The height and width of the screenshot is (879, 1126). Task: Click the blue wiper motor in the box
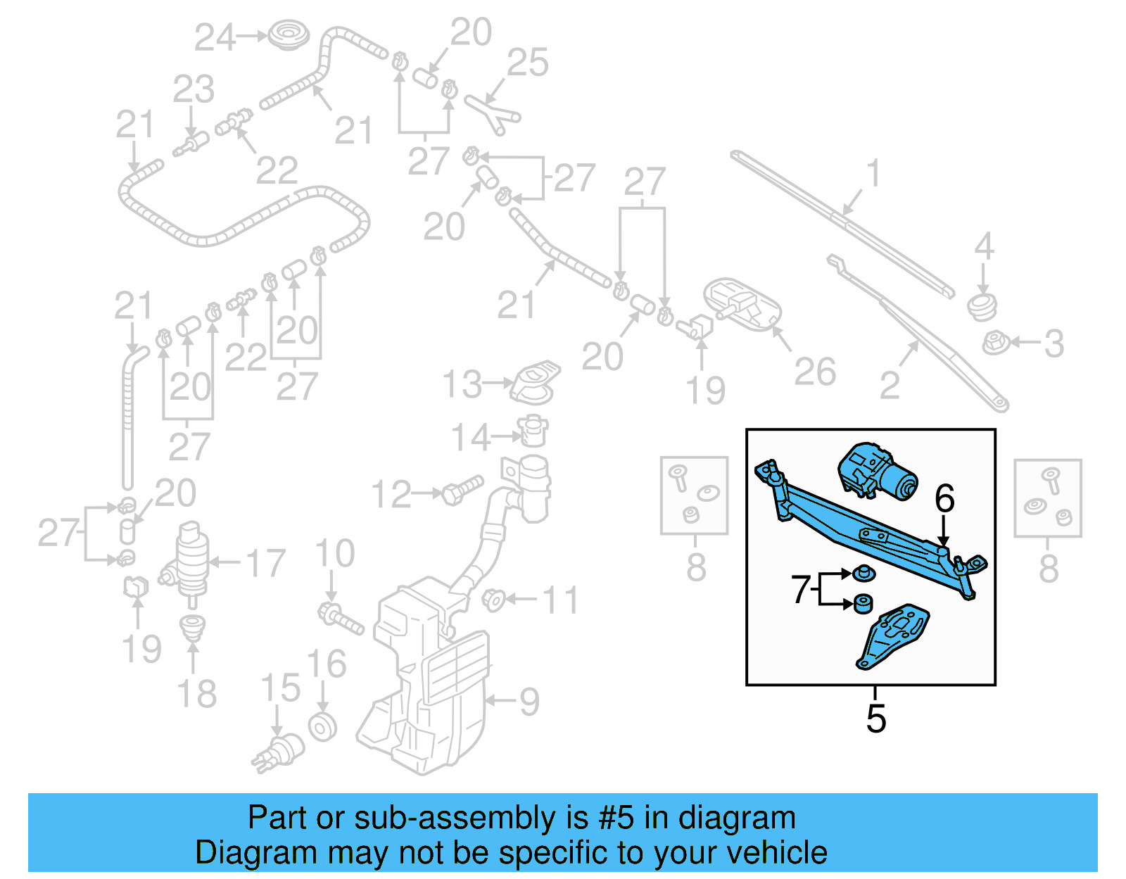(878, 470)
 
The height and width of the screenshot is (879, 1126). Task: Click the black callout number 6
(944, 499)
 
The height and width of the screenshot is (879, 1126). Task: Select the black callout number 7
(801, 589)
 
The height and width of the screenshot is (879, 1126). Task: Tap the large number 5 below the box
(875, 719)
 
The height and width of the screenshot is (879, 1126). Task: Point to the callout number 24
(215, 37)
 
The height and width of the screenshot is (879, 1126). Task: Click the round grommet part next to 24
(286, 34)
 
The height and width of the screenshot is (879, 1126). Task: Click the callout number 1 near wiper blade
(873, 173)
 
